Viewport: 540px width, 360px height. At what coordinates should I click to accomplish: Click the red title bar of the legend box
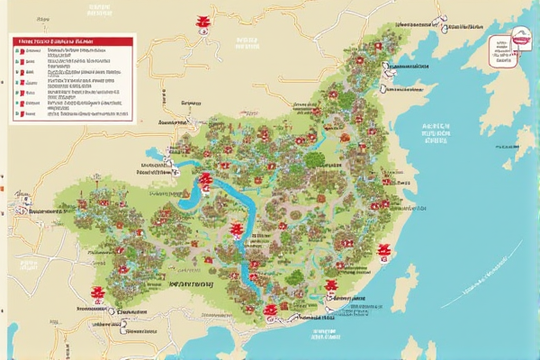point(71,41)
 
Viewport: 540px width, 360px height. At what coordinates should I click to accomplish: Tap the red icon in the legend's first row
point(17,52)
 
